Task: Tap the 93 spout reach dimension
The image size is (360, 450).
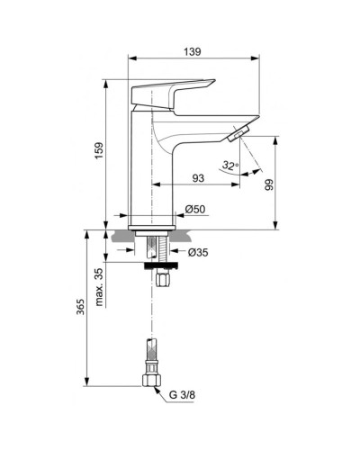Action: [x=195, y=178]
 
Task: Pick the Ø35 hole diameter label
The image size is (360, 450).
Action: [x=200, y=253]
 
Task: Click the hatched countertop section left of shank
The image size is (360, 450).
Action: [x=126, y=238]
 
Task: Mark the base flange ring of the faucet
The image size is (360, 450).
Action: [x=151, y=221]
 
